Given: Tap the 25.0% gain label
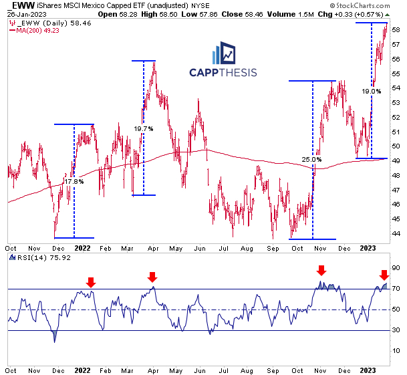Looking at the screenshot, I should coord(311,160).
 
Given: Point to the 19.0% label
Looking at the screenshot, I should coord(372,91).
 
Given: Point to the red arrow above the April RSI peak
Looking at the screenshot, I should coord(152,277).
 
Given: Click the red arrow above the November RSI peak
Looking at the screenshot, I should coord(321,270).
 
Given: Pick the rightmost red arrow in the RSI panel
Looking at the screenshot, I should coord(384,275).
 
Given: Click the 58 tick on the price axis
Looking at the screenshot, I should coord(396,30).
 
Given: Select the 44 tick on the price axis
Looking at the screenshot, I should coord(396,233).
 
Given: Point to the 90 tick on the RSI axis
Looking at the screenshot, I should coord(396,267).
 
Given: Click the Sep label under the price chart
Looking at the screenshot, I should coord(272,246).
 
